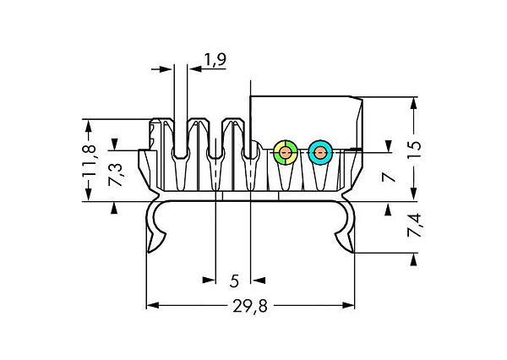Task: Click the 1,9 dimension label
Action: point(215,59)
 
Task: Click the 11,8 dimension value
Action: point(89,161)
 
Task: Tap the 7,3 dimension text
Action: point(116,174)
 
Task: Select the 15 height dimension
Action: point(414,150)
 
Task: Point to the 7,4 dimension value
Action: point(415,225)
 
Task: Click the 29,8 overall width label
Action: point(250,306)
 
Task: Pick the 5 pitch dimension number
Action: point(234,281)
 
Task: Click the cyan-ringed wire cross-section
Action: point(320,152)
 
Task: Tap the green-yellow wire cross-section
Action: point(286,152)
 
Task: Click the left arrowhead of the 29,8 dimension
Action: point(153,305)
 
